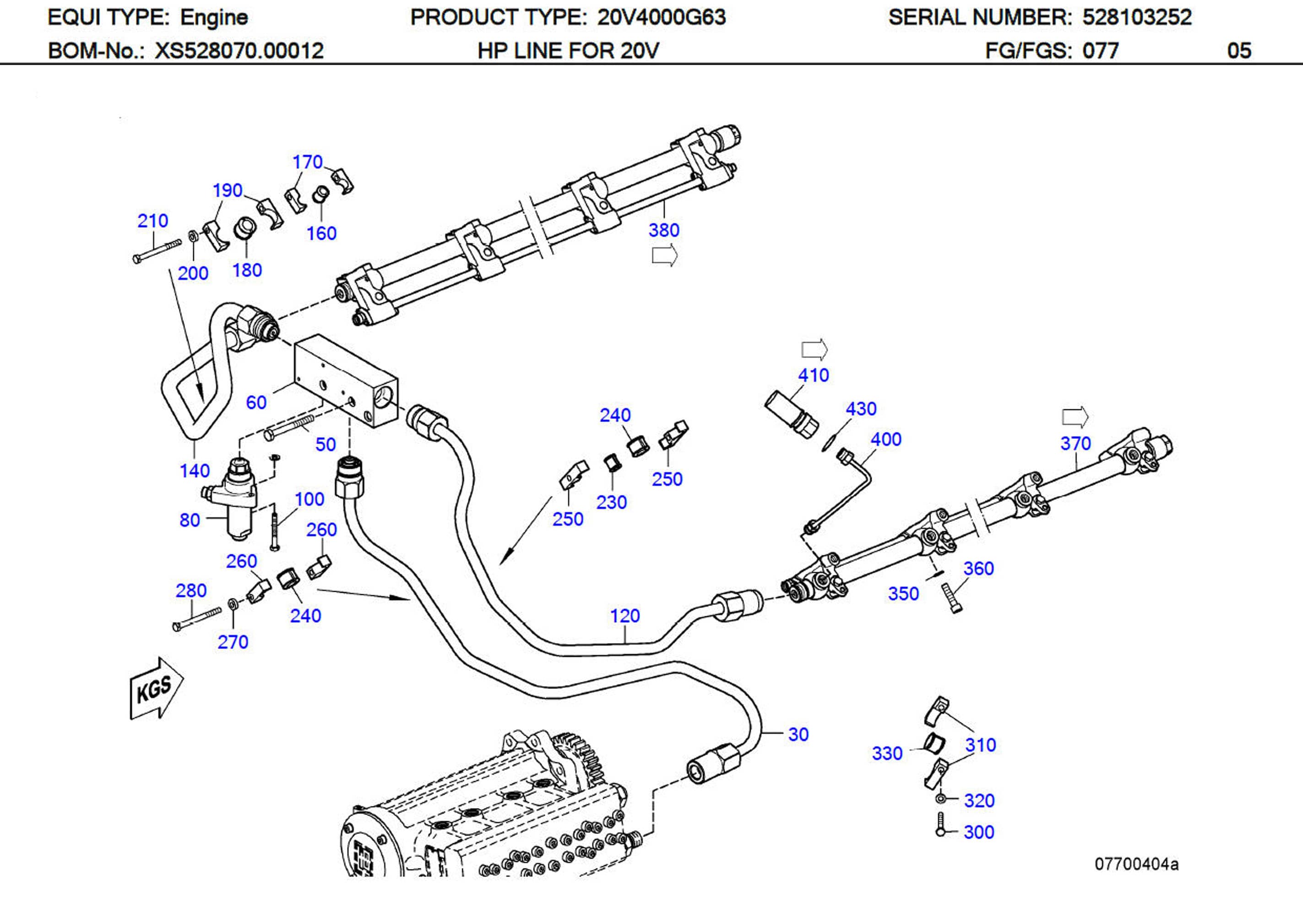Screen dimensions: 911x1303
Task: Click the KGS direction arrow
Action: (x=156, y=689)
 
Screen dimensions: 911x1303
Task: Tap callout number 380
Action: (x=663, y=230)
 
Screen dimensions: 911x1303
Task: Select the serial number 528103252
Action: (x=1137, y=17)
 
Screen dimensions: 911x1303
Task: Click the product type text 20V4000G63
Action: (x=661, y=17)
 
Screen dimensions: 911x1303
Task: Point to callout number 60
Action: (x=256, y=402)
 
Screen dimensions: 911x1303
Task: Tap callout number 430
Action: (x=860, y=409)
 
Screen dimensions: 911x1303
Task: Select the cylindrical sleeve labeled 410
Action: (x=791, y=414)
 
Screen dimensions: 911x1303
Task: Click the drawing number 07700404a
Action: (x=1136, y=864)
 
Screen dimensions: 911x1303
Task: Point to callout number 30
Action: (x=798, y=734)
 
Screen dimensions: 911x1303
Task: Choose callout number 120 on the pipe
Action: (x=625, y=616)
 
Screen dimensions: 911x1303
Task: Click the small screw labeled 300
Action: (x=940, y=825)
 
